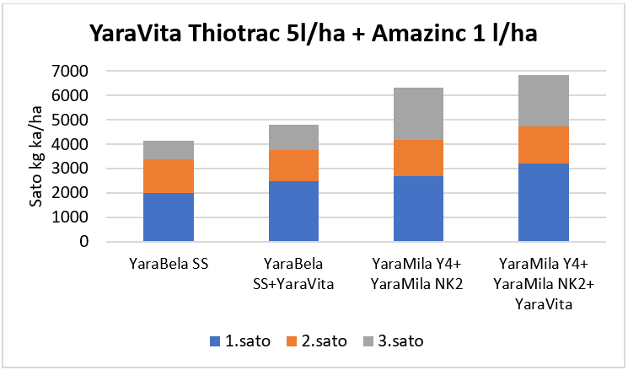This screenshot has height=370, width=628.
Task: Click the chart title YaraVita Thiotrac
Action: pos(314,36)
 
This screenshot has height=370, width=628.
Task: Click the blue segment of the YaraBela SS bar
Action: pos(169,217)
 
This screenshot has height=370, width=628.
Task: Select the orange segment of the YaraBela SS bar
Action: pos(169,176)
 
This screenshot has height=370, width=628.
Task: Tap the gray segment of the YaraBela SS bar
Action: pos(169,150)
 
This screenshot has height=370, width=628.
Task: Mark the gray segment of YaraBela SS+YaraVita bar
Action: pos(293,137)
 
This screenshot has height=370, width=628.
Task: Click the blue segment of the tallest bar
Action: pos(543,202)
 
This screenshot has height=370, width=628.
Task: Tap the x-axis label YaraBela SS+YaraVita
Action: pos(293,274)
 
